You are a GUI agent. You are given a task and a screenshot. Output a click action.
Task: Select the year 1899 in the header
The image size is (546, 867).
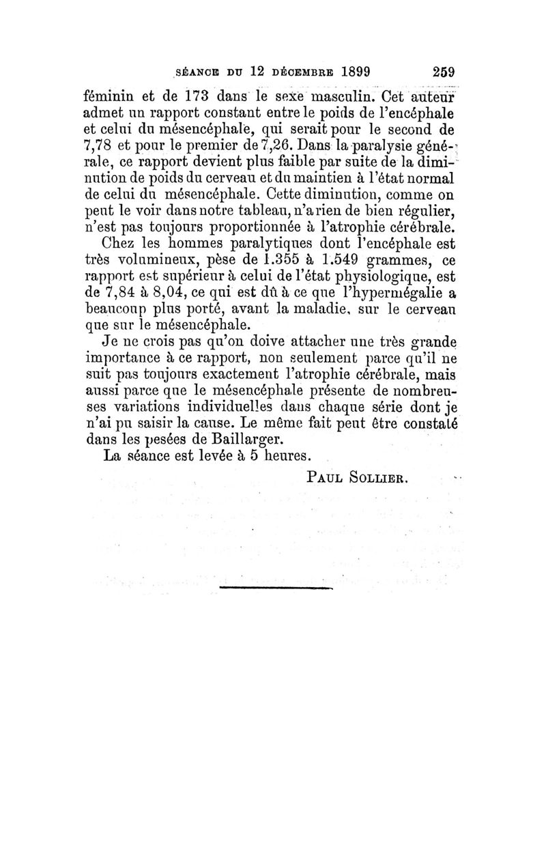click(348, 71)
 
